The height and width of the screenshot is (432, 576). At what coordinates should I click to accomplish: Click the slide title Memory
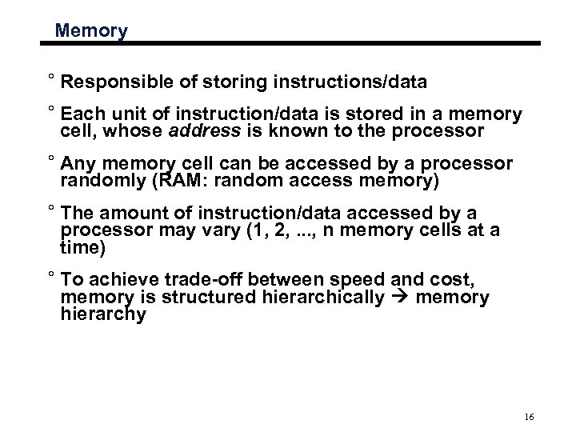(x=92, y=32)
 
